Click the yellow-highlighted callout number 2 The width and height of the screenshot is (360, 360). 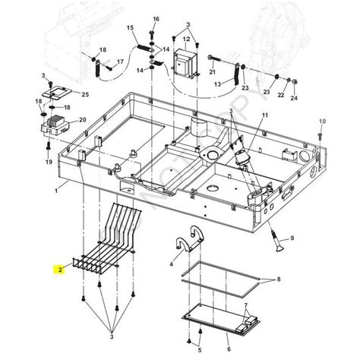tap(58, 269)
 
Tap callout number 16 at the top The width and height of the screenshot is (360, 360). tap(156, 18)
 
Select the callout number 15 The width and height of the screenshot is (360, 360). tap(130, 29)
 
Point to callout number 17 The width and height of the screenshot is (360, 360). tap(120, 61)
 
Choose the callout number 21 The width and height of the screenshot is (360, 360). tap(213, 72)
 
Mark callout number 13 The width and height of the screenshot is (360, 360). tap(218, 86)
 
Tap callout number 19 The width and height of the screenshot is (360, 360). tap(49, 163)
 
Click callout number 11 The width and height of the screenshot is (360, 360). tap(264, 115)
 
